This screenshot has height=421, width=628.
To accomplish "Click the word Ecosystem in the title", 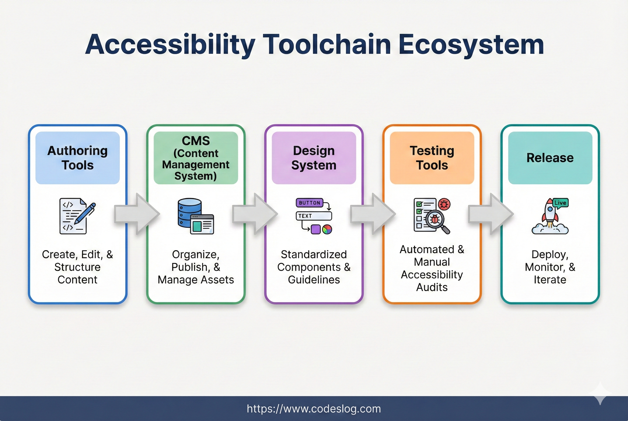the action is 471,45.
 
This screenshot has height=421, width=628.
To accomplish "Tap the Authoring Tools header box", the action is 78,158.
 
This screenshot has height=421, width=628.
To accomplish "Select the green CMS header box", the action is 196,158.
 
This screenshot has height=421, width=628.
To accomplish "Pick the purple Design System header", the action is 314,158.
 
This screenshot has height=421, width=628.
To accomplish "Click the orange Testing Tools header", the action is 432,158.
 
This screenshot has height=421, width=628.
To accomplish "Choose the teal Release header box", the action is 550,158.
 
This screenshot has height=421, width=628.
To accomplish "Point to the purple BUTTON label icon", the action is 310,203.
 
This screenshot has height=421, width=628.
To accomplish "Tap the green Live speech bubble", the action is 560,203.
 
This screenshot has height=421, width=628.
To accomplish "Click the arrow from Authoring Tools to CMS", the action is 137,214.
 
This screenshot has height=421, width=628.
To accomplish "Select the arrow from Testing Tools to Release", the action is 491,214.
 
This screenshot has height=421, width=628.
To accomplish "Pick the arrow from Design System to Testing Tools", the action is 373,214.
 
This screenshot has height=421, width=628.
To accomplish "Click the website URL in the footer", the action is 314,409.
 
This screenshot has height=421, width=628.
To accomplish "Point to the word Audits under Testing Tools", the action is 432,287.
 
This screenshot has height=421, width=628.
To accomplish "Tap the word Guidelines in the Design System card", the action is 314,280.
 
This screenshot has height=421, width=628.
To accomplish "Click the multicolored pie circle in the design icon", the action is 327,230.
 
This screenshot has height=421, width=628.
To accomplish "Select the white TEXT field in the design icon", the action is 314,216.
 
